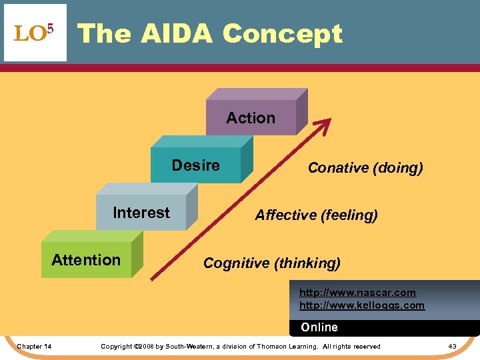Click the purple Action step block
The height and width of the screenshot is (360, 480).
251,118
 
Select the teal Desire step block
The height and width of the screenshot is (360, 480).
196,165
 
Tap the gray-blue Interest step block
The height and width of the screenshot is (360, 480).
141,213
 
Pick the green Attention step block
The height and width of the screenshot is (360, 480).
86,260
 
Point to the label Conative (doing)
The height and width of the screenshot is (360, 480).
365,168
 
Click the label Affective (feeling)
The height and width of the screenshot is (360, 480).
316,215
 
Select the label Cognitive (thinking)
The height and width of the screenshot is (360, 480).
271,263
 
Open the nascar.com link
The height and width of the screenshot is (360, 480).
357,293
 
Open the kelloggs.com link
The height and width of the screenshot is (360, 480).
361,305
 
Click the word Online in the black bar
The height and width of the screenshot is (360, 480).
319,327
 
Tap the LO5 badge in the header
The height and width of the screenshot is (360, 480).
35,33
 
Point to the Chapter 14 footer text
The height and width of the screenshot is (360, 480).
35,346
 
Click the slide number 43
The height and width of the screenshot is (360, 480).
452,346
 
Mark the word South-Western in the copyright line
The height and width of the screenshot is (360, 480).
191,346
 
